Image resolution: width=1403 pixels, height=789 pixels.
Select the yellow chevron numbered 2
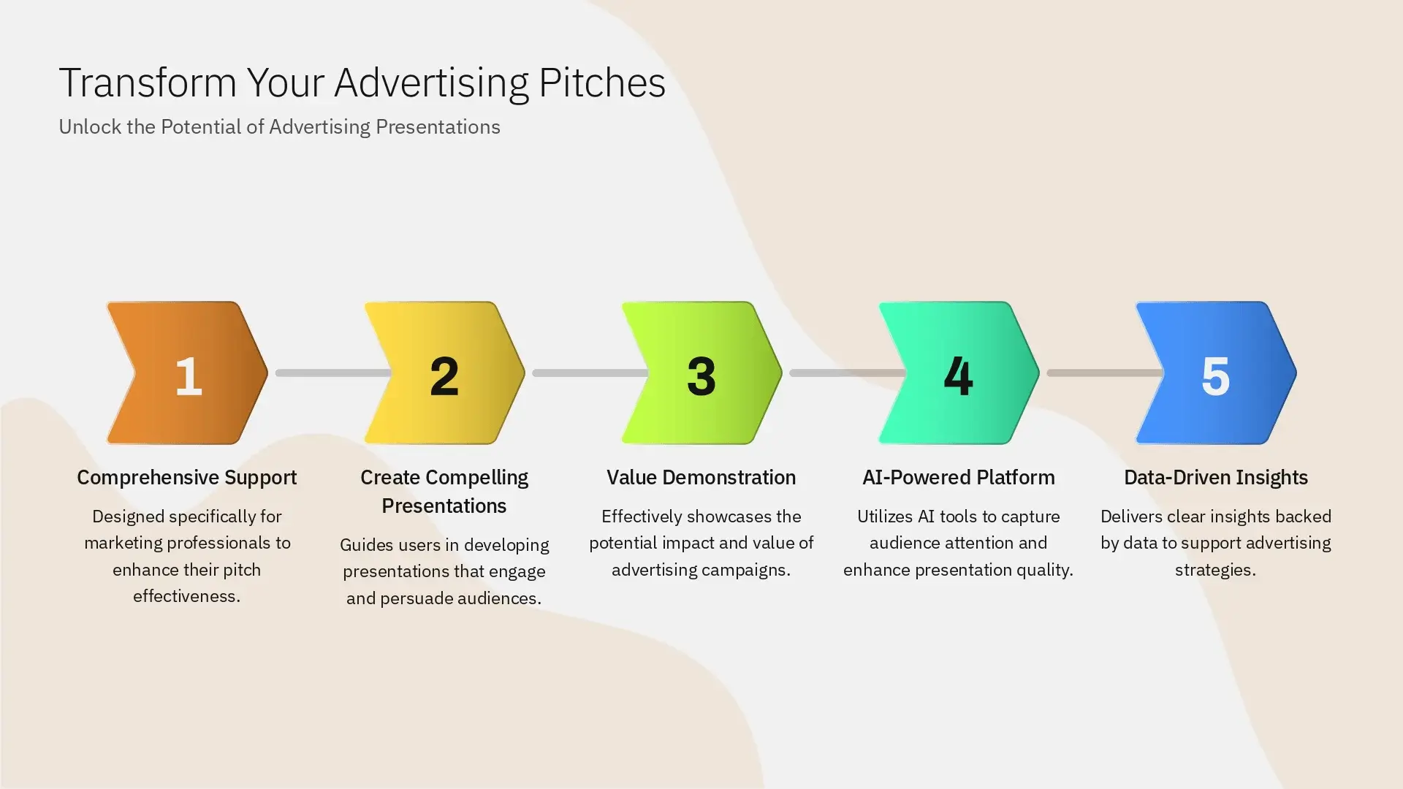pos(444,373)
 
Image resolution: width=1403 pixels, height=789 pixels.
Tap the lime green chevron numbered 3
pos(701,373)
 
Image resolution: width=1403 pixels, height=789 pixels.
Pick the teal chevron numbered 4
pos(959,373)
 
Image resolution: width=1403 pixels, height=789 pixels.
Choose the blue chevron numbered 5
pos(1216,373)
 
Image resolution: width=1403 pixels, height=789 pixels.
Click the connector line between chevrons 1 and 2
pos(332,373)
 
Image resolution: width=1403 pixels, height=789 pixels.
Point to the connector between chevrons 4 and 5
pos(1103,373)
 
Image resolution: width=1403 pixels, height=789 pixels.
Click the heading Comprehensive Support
pos(187,478)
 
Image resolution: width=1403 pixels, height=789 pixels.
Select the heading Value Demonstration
pos(701,478)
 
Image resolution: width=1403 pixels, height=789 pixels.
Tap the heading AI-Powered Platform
pos(958,478)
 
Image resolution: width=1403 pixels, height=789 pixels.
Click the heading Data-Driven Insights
pos(1215,478)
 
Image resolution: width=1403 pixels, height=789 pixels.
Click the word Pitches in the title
pos(602,83)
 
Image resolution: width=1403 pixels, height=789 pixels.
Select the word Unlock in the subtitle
pos(90,127)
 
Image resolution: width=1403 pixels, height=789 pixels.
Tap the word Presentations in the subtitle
pos(438,127)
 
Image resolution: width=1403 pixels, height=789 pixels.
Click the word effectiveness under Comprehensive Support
pos(186,596)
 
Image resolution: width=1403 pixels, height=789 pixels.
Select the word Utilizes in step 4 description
pos(884,517)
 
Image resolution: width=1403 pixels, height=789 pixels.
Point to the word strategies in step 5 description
pos(1215,570)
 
